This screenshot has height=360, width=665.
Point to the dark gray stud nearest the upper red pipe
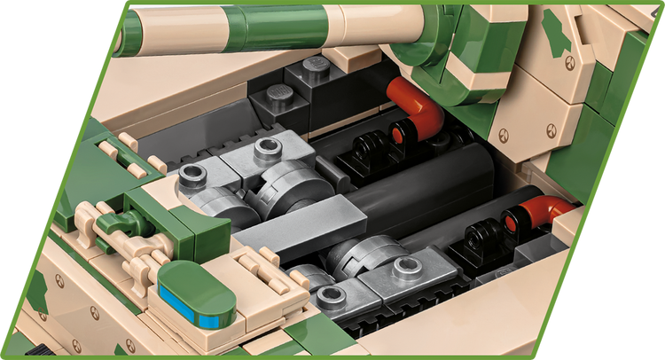[317, 65]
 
